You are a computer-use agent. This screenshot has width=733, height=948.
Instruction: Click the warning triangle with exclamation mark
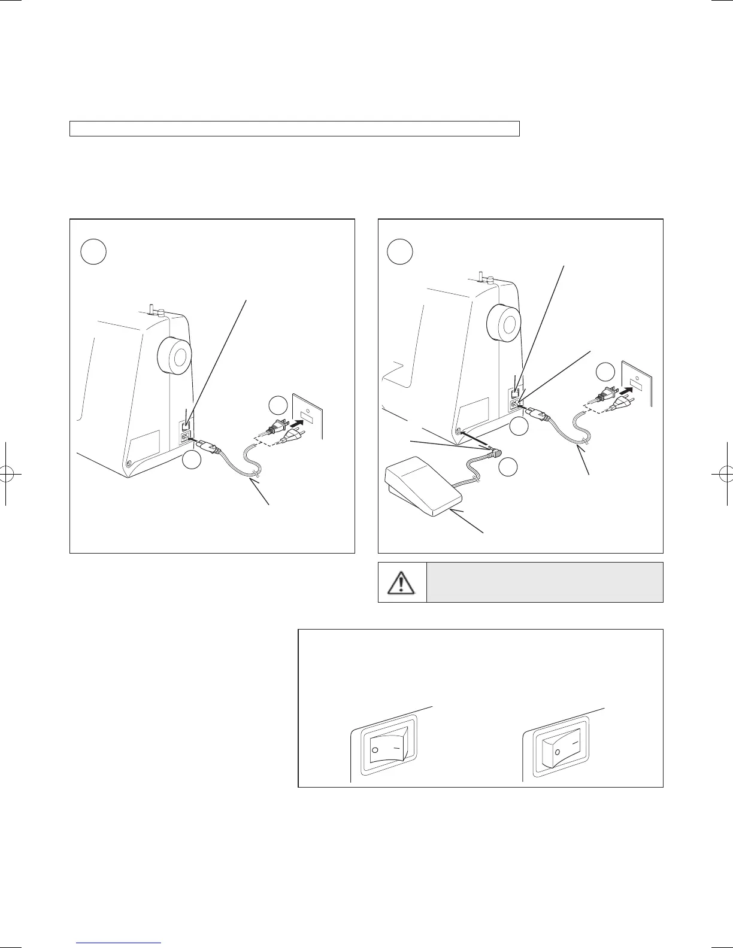[402, 582]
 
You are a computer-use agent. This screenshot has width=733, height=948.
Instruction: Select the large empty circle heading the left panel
[93, 253]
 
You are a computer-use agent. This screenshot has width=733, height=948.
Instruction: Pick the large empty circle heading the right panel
[399, 252]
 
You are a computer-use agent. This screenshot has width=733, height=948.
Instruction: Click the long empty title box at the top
[294, 129]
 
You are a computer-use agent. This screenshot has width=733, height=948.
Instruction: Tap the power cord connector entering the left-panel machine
[208, 446]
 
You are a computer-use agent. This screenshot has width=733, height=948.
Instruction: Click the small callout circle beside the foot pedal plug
[508, 466]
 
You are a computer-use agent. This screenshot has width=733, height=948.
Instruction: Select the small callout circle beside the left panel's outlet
[278, 406]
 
